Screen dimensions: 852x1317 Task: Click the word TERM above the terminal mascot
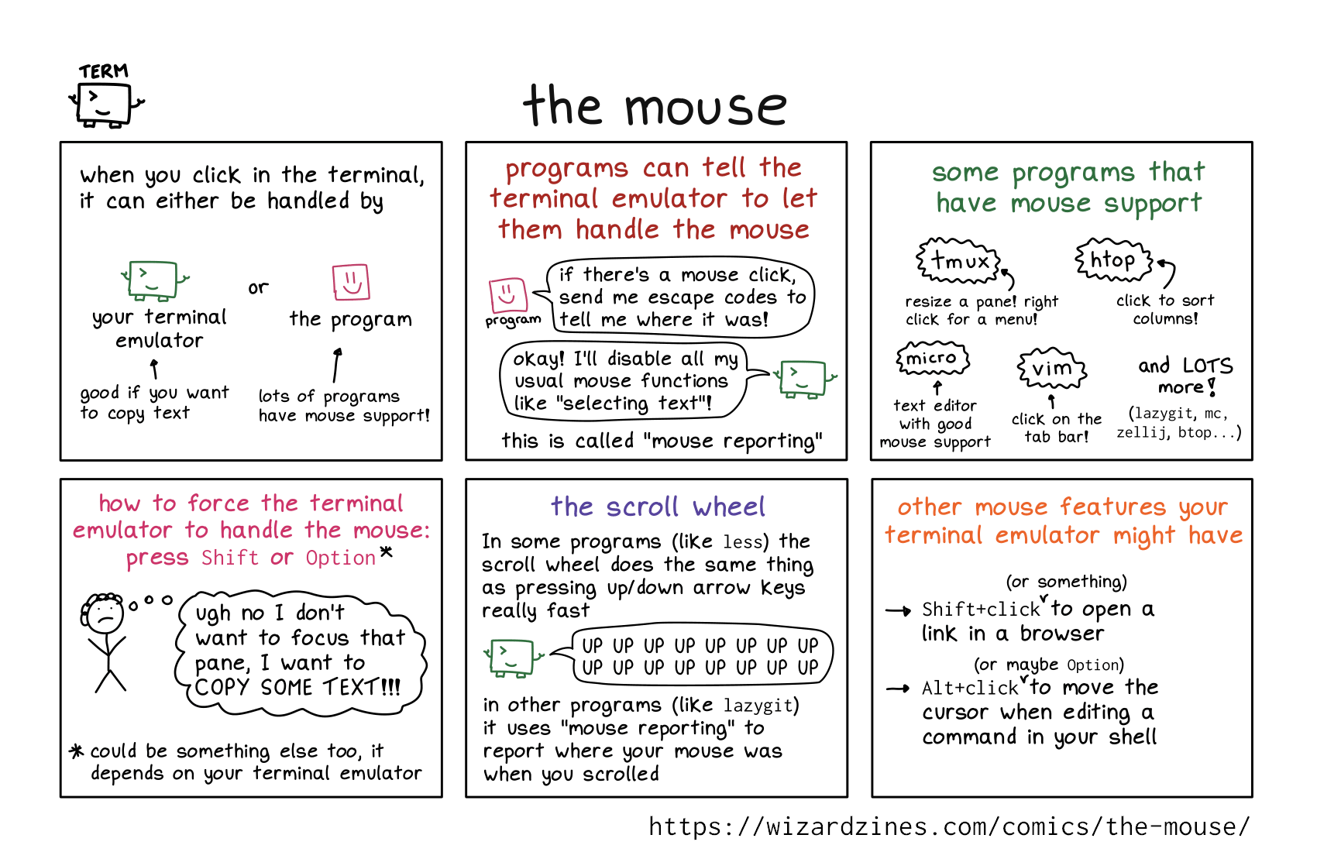point(103,71)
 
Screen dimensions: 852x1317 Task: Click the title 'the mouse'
point(655,106)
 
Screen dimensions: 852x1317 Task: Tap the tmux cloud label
point(959,261)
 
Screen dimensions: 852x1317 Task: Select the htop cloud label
point(1112,260)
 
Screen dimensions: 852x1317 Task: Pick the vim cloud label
point(1051,369)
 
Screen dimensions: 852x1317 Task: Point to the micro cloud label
point(932,359)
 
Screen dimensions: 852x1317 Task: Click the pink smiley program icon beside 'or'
point(351,282)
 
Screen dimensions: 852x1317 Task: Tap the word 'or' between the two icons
point(258,288)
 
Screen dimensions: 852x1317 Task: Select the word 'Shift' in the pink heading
point(229,558)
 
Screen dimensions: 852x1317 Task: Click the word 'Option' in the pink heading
point(340,558)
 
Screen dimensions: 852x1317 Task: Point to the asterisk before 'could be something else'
point(76,751)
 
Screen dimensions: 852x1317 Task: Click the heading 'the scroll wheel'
point(658,507)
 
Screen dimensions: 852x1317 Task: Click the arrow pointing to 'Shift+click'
point(898,611)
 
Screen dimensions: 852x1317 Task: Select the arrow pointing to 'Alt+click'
point(898,688)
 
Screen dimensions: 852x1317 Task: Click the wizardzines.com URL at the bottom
point(949,826)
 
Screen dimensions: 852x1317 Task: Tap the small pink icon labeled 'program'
point(508,295)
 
